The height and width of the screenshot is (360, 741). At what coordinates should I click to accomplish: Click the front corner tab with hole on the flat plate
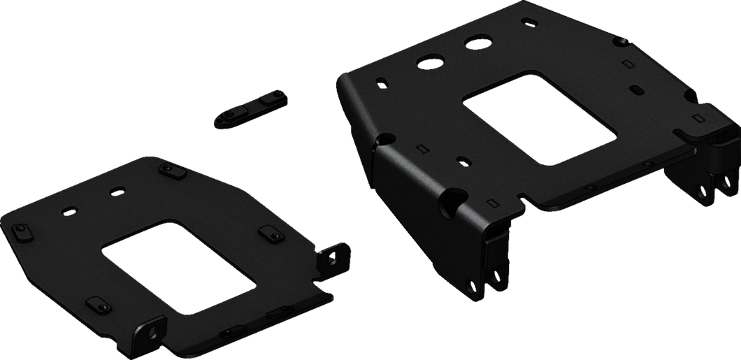coord(150,328)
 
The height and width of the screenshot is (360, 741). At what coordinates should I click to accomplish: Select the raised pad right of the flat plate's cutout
coord(268,232)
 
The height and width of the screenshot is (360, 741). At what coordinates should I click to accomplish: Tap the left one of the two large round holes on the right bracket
coord(427,61)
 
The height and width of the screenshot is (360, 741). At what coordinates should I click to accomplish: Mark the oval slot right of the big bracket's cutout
coord(637,90)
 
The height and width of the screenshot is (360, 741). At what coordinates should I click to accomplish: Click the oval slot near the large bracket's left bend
coord(381,82)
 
